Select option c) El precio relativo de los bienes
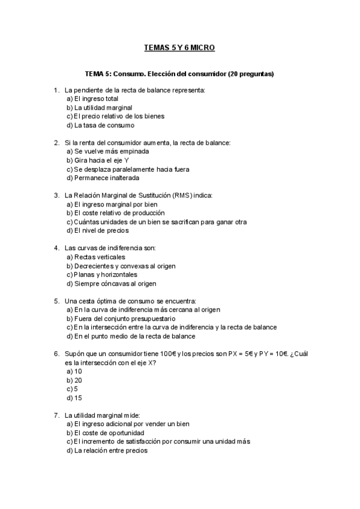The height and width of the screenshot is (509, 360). click(115, 116)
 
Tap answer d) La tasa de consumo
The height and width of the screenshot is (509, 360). click(100, 125)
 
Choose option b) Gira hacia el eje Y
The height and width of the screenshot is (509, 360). click(98, 160)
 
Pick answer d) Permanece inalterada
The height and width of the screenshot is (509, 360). click(103, 178)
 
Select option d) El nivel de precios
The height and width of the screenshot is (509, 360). click(98, 230)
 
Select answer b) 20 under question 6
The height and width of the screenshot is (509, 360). click(74, 380)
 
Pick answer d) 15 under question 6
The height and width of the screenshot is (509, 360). click(74, 397)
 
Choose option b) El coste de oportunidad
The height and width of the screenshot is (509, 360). click(106, 432)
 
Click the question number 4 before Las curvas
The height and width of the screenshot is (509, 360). click(56, 248)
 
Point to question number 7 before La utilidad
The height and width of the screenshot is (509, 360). click(56, 415)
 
